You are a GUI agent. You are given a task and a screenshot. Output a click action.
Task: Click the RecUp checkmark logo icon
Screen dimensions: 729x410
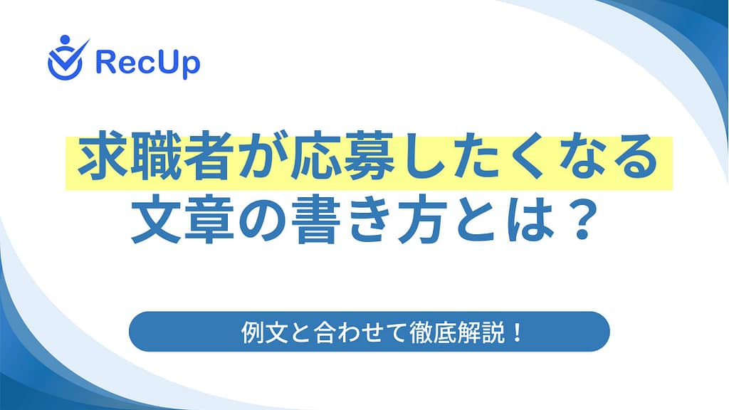pyautogui.click(x=68, y=58)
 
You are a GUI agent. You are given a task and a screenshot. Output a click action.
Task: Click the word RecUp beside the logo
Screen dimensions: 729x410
pyautogui.click(x=148, y=63)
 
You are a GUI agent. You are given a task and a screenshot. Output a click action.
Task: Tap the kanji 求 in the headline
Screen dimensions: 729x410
pyautogui.click(x=103, y=157)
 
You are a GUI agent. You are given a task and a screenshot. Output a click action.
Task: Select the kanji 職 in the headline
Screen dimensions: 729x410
pyautogui.click(x=154, y=157)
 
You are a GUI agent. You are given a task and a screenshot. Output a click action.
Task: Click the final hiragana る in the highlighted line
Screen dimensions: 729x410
pyautogui.click(x=633, y=158)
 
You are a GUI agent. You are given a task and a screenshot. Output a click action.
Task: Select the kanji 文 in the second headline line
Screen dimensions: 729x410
pyautogui.click(x=156, y=221)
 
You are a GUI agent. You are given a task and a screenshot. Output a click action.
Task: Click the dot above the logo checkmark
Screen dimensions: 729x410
pyautogui.click(x=65, y=40)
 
